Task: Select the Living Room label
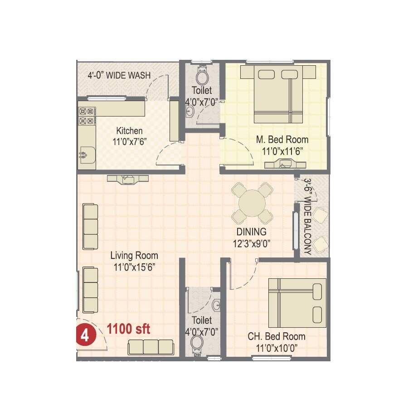134,256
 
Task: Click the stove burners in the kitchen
86,116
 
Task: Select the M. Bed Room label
282,140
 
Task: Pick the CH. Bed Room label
276,337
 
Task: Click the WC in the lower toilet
198,344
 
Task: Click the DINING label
251,233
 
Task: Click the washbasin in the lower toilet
217,305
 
